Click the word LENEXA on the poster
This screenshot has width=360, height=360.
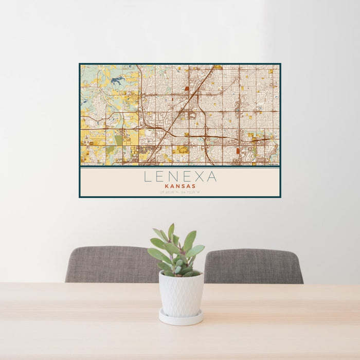pyautogui.click(x=180, y=177)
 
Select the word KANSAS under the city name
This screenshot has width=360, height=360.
pyautogui.click(x=180, y=186)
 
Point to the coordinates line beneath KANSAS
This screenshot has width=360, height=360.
pyautogui.click(x=180, y=192)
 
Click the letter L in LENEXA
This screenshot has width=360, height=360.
pyautogui.click(x=148, y=177)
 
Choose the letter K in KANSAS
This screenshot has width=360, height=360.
pyautogui.click(x=168, y=186)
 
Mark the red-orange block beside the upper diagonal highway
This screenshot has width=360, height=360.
pyautogui.click(x=187, y=88)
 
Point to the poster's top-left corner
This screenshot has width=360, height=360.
pyautogui.click(x=80, y=64)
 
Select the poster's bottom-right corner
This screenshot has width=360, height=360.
pyautogui.click(x=280, y=197)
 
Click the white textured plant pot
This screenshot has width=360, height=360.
pyautogui.click(x=181, y=294)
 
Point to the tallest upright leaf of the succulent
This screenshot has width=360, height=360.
pyautogui.click(x=171, y=232)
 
